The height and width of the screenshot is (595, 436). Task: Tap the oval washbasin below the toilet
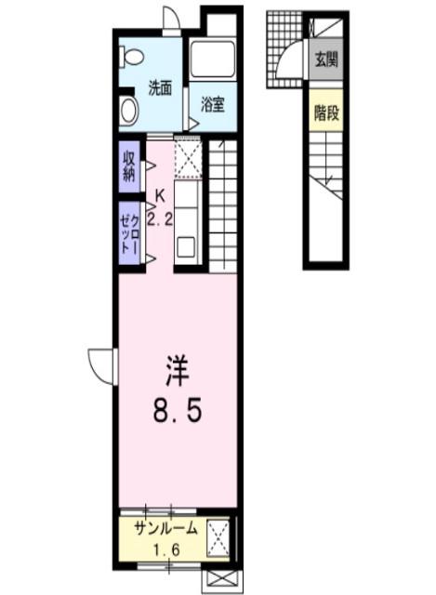[129, 110]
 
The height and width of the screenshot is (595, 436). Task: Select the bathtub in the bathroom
[212, 59]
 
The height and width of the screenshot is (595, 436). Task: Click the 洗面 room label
[160, 89]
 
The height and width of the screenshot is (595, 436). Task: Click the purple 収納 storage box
[129, 165]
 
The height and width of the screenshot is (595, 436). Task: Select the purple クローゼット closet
[129, 234]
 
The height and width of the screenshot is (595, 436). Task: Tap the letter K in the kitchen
[160, 196]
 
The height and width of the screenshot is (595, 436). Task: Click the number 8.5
[177, 410]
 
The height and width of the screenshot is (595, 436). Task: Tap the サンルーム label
[165, 529]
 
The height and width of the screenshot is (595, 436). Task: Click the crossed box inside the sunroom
[218, 536]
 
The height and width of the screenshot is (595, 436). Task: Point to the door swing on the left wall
[100, 361]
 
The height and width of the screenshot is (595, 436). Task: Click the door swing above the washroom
[171, 19]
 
